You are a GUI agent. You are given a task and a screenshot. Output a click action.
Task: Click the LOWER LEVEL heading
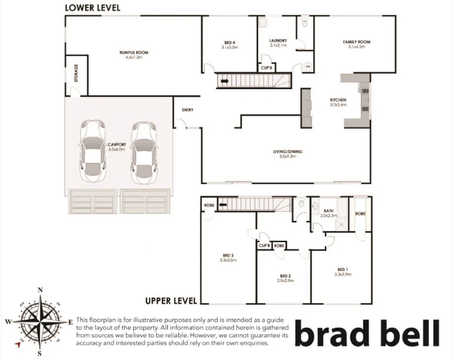(92, 8)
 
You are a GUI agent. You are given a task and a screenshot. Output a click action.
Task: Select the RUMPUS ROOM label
(134, 53)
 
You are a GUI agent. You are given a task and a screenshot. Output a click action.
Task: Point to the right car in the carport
(144, 152)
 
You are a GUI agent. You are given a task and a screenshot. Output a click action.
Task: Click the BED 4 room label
(230, 43)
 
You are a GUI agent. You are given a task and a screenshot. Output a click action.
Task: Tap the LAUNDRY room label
(278, 41)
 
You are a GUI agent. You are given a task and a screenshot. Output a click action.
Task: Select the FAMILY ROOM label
(356, 42)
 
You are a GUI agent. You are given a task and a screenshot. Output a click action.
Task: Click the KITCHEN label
(338, 100)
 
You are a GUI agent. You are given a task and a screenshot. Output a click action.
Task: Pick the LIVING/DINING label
(288, 152)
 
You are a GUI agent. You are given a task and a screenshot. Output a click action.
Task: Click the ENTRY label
(187, 110)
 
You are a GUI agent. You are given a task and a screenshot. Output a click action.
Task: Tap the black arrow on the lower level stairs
(223, 81)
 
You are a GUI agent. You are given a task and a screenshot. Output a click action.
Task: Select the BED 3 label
(228, 255)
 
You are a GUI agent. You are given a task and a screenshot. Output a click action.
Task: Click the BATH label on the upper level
(329, 211)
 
